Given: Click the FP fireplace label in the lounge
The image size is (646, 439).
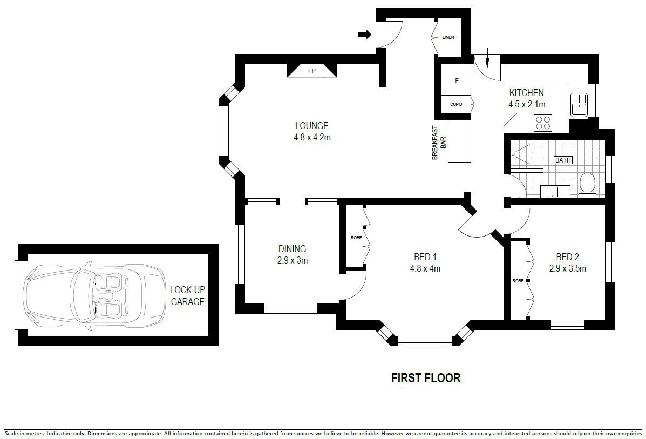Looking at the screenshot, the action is pyautogui.click(x=312, y=71).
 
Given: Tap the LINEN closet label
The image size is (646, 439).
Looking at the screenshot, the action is pyautogui.click(x=448, y=37).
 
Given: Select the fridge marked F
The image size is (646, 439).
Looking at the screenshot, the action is pyautogui.click(x=457, y=81).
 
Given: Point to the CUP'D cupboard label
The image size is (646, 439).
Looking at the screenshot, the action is pyautogui.click(x=456, y=104).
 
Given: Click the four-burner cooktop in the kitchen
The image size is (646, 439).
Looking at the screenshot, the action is pyautogui.click(x=542, y=123).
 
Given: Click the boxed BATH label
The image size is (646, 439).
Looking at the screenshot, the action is pyautogui.click(x=563, y=160).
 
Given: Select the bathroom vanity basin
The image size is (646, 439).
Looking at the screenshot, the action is pyautogui.click(x=552, y=192).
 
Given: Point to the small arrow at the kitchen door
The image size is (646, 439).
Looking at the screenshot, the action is pyautogui.click(x=487, y=58).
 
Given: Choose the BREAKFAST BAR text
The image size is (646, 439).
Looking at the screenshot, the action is pyautogui.click(x=439, y=143).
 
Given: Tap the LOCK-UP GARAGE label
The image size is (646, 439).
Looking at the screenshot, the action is pyautogui.click(x=187, y=296).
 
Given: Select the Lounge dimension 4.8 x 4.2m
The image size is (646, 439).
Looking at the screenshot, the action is pyautogui.click(x=312, y=137).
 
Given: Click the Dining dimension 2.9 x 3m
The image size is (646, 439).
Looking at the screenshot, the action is pyautogui.click(x=293, y=260).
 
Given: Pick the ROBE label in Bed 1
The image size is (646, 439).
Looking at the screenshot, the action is pyautogui.click(x=356, y=238).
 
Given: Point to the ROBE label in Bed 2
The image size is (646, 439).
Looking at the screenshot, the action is pyautogui.click(x=518, y=281).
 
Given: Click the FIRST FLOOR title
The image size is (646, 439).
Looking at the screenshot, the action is pyautogui.click(x=426, y=378).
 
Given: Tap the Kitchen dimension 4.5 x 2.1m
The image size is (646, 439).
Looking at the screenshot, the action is pyautogui.click(x=527, y=105).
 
